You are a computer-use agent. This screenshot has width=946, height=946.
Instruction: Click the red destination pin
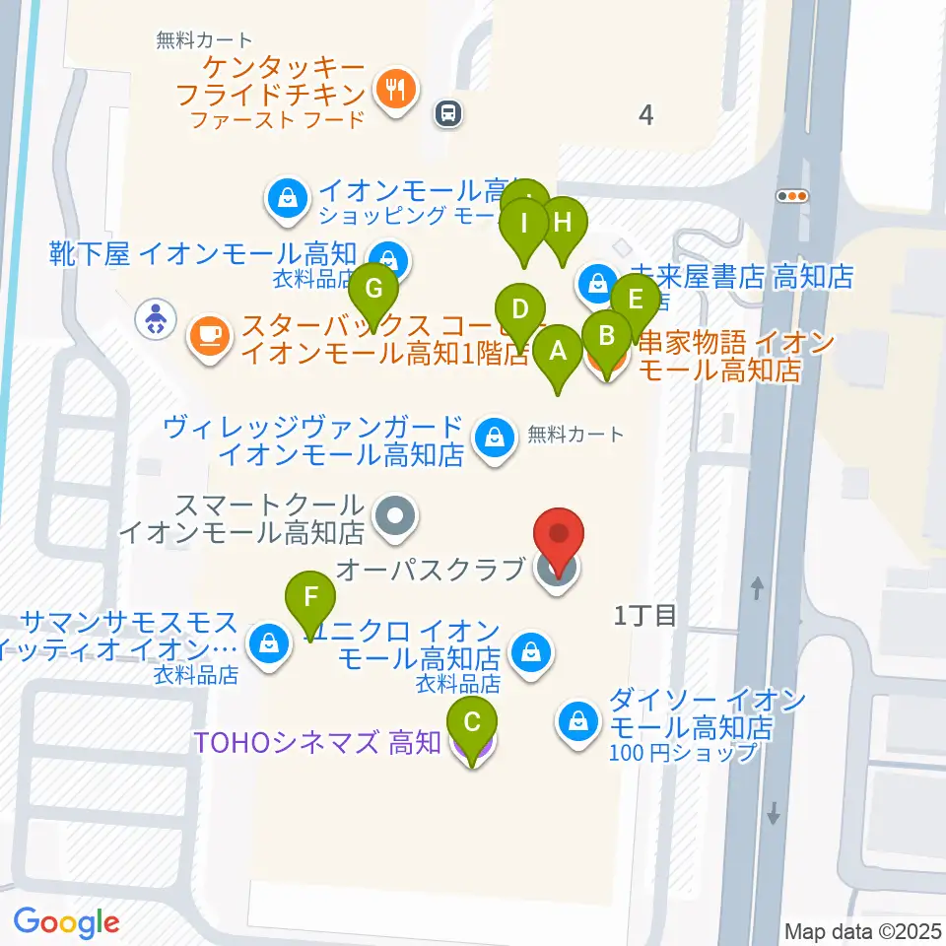(559, 538)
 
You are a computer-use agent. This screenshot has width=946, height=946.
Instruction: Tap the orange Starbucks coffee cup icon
(209, 335)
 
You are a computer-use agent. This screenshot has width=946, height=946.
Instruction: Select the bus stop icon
(448, 114)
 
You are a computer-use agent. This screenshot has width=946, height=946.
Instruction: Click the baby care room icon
(156, 318)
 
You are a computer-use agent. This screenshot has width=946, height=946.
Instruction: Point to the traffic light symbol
(792, 195)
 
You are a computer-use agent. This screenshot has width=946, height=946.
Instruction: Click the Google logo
(66, 922)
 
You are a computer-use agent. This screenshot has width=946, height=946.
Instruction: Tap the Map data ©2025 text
(862, 930)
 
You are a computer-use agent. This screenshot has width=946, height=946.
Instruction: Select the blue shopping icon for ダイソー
(577, 720)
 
